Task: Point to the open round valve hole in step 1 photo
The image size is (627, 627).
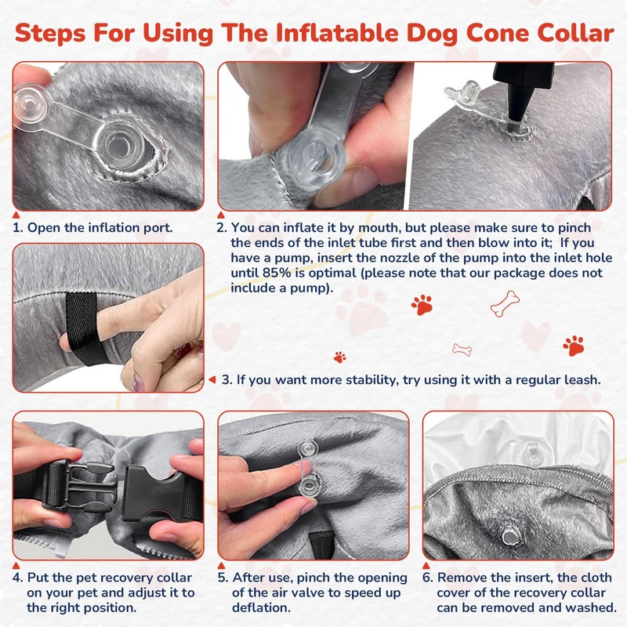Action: tap(119, 145)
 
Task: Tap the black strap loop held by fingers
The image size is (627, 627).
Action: tap(83, 327)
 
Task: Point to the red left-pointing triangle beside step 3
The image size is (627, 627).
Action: tap(212, 379)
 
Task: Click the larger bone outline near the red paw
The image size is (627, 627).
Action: tap(505, 304)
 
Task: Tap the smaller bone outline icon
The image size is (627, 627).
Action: tap(462, 350)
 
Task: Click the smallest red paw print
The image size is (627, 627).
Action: tap(340, 357)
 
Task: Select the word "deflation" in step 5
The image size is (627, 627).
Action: tap(261, 607)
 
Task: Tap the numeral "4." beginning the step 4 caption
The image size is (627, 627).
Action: tap(17, 578)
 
